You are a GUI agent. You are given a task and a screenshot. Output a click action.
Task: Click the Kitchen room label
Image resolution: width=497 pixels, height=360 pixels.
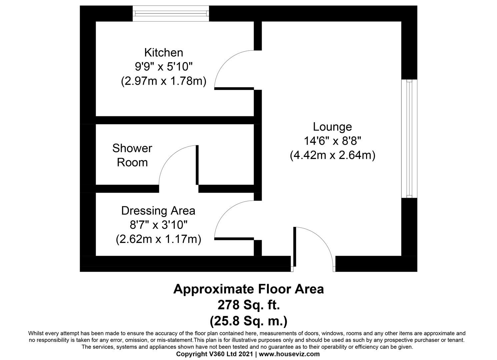[x=163, y=53]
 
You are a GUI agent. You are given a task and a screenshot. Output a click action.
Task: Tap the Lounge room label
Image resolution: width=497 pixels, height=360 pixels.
[x=332, y=127]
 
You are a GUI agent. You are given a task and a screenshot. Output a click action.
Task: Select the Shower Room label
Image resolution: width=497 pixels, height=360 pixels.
[x=132, y=155]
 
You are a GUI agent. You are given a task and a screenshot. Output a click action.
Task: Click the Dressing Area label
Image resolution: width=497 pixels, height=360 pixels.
[x=158, y=211]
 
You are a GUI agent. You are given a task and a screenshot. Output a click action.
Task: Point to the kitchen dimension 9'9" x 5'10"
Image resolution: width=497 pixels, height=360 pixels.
[x=163, y=67]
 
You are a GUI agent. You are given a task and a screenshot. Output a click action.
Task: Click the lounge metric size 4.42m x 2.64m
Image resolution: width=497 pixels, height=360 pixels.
[x=332, y=155]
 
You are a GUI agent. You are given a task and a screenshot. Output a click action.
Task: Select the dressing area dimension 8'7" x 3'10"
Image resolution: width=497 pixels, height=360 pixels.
[x=158, y=225]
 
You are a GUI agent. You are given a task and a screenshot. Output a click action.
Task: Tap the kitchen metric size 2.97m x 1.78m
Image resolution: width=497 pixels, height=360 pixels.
[x=163, y=81]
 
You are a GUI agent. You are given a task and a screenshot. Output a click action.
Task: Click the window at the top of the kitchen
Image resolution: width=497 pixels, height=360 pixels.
[x=171, y=14]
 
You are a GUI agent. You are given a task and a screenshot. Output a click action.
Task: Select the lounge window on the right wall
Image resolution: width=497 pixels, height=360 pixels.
[x=409, y=138]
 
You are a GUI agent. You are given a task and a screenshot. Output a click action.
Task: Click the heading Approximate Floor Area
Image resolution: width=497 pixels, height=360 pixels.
[x=248, y=289]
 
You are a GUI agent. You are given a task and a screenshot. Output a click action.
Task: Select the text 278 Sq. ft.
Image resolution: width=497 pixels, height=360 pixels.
[x=248, y=305]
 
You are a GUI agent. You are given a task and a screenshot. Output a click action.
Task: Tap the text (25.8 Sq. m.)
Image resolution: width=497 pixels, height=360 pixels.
[x=248, y=321]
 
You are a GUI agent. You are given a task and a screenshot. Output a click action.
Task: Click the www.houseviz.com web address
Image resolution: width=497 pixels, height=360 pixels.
[x=289, y=354]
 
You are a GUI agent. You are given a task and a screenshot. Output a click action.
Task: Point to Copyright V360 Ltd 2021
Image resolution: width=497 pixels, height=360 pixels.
[x=215, y=354]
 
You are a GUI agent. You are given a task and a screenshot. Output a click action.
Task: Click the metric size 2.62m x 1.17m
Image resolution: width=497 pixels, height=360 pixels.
[x=158, y=239]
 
